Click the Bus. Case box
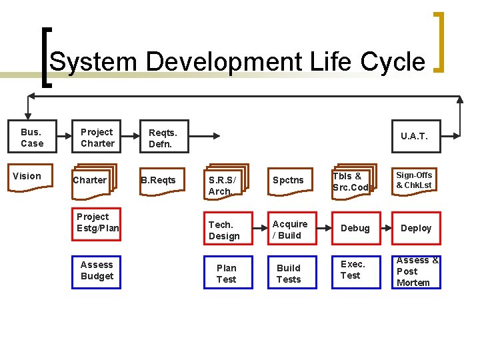pos(31,137)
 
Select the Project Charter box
pos(97,137)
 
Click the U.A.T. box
pos(415,137)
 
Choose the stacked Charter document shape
pos(92,180)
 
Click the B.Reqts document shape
pos(159,180)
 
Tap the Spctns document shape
pos(288,180)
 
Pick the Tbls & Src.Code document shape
pos(352,181)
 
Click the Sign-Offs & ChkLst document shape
pos(415,180)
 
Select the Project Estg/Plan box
pos(97,223)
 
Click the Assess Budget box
pos(97,271)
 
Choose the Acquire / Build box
pos(289,230)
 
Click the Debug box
pos(355,229)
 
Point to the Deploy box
pos(416,229)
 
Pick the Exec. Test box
pos(354,270)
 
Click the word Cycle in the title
pos(393,62)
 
